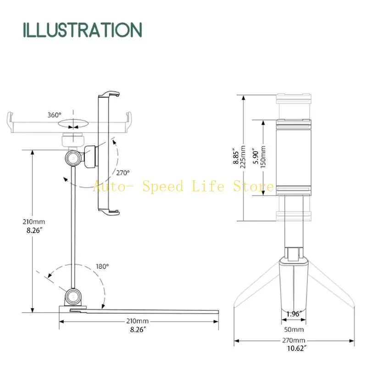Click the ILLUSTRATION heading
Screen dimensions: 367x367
pos(83,30)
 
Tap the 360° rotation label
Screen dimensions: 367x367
pos(54,115)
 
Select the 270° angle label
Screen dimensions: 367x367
pos(123,173)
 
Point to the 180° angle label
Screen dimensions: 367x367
pos(102,267)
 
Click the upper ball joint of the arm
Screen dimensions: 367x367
pos(73,158)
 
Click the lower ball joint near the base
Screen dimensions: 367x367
pos(73,297)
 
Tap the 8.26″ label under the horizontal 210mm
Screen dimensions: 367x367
pos(138,329)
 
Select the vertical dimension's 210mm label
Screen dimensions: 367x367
pos(33,222)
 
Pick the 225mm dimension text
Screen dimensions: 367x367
pos(243,157)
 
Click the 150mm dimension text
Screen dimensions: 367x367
pos(263,157)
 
